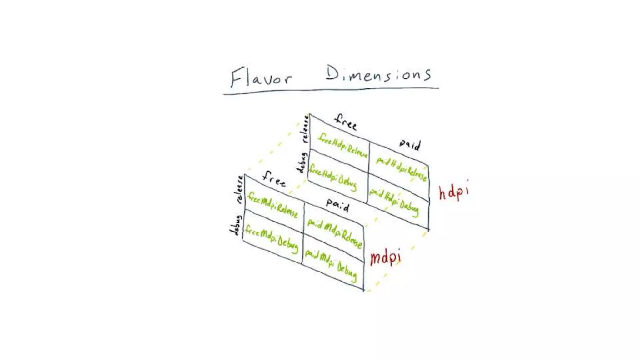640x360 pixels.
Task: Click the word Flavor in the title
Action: pos(261,77)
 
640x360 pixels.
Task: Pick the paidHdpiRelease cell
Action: pos(401,169)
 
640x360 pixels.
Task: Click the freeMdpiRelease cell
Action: pos(272,205)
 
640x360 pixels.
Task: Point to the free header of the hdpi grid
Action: pos(346,122)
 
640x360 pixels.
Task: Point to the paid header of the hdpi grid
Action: pos(410,145)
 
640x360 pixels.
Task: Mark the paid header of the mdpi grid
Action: pos(337,205)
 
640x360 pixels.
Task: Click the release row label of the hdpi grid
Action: pos(305,128)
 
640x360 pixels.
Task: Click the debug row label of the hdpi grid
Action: pos(302,162)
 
